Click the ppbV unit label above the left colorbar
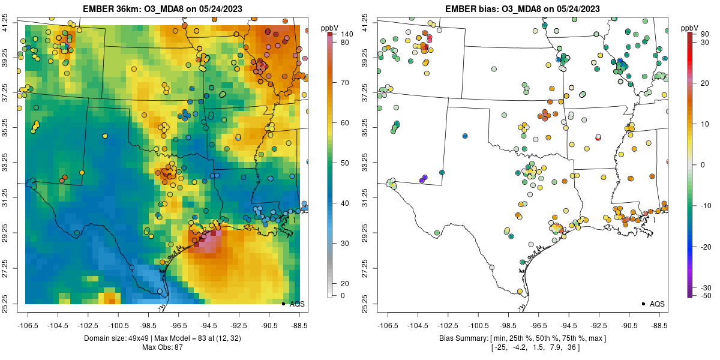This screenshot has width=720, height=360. pyautogui.click(x=329, y=28)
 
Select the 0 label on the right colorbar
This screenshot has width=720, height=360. pyautogui.click(x=703, y=164)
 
